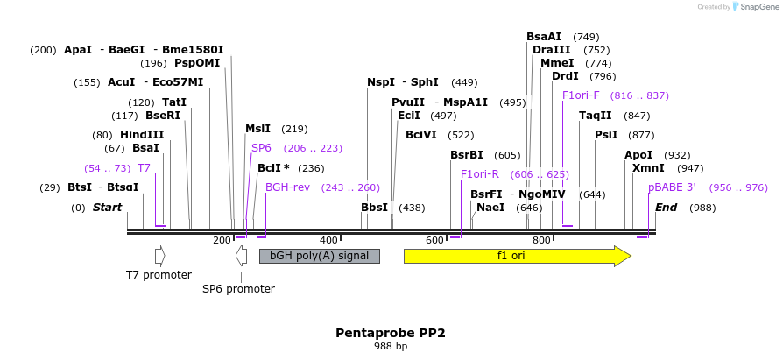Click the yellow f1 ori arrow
coord(517,256)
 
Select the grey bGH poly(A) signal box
coord(320,256)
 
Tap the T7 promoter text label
coord(159,275)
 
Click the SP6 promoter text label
coord(238,289)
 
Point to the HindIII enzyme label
coord(142,135)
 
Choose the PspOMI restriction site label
coord(197,63)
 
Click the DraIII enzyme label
coord(550,50)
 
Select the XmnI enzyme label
coord(648,168)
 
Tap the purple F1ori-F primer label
coord(581,95)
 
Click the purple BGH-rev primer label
coord(287,187)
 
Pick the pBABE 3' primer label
coord(672,187)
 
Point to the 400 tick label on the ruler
coord(328,240)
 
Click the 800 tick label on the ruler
coord(541,240)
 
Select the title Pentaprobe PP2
coord(391,334)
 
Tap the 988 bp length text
coord(391,347)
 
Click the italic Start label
coord(107,208)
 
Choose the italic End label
coord(667,208)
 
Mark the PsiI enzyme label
coord(606,135)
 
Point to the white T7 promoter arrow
coord(159,256)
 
